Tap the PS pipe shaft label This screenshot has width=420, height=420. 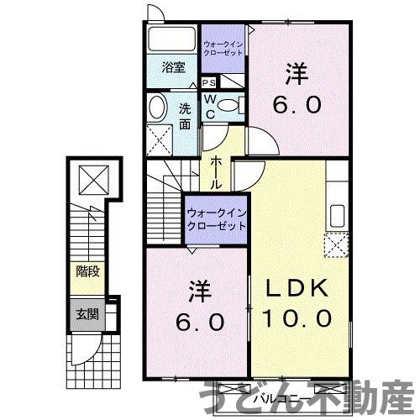[208, 83]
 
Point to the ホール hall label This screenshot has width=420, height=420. [217, 172]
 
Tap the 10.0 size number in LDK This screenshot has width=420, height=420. [296, 319]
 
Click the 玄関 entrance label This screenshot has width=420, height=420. [87, 315]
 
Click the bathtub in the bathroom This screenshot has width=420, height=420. [173, 39]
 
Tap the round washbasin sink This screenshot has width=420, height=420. [157, 107]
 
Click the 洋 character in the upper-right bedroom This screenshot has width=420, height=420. [293, 74]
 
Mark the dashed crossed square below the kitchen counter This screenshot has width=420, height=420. [337, 245]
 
